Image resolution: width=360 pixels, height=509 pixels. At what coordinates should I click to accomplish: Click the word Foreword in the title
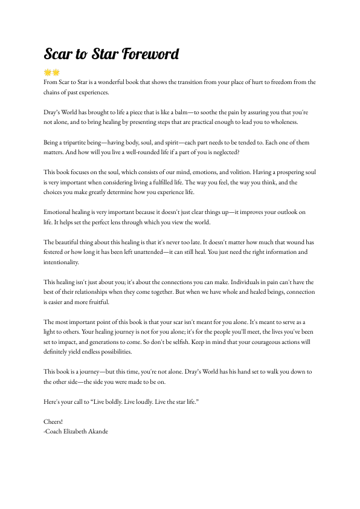[150, 54]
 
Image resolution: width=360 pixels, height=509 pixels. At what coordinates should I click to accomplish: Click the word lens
[130, 222]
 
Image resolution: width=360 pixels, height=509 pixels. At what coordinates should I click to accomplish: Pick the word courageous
[252, 342]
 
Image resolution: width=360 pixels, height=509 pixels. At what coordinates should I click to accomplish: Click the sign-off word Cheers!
[53, 421]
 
